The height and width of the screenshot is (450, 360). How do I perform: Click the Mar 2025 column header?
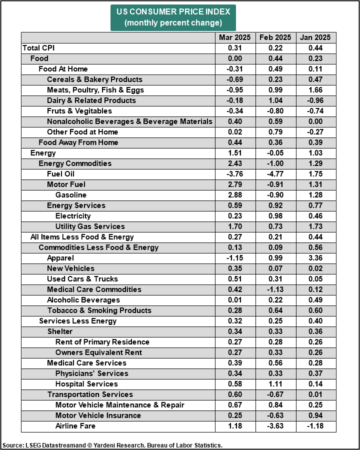pyautogui.click(x=235, y=37)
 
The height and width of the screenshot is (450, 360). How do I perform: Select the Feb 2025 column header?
pyautogui.click(x=275, y=37)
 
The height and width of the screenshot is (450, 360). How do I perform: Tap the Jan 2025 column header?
pyautogui.click(x=316, y=37)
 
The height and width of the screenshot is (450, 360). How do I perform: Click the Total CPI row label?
pyautogui.click(x=39, y=48)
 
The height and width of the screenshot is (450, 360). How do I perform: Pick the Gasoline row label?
pyautogui.click(x=71, y=195)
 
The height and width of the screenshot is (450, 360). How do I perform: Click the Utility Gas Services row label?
pyautogui.click(x=90, y=226)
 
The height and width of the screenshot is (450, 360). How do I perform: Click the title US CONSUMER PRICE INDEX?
pyautogui.click(x=173, y=11)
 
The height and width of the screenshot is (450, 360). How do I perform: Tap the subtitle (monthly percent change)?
pyautogui.click(x=173, y=22)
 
